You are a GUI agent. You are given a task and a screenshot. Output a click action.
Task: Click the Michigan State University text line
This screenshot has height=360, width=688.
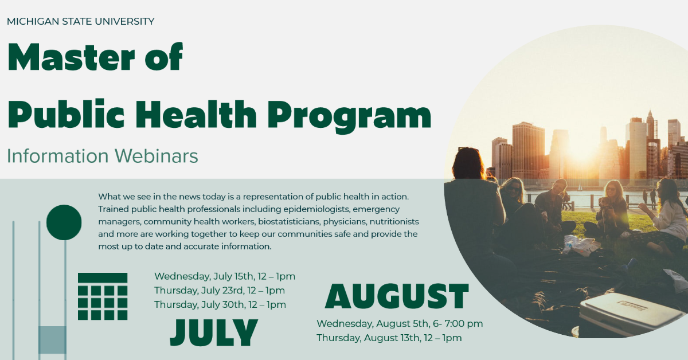pos(80,22)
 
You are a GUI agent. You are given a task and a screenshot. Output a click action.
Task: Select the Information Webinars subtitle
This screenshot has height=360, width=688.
pos(103,155)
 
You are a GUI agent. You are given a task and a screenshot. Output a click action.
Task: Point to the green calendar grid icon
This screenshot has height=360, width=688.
pos(103,296)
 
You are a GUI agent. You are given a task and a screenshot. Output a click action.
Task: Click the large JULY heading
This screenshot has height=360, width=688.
pos(214,332)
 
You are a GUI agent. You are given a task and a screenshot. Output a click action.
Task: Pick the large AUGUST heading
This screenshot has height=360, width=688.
pos(397,296)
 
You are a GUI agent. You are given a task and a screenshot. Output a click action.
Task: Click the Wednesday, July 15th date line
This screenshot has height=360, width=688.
pos(224,276)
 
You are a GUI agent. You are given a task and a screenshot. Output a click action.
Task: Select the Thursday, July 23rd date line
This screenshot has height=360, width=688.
pos(219,291)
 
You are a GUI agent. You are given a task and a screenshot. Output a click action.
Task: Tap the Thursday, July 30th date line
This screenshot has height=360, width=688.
pos(220,304)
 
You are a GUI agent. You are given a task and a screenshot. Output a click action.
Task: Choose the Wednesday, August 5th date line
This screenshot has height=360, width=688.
pos(399,324)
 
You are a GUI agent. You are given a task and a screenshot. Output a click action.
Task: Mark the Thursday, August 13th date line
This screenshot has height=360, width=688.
pos(389,338)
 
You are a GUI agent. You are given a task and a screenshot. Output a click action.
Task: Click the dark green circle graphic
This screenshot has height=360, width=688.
pos(64,222)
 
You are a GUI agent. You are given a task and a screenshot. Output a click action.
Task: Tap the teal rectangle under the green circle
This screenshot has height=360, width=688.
pos(52,339)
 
